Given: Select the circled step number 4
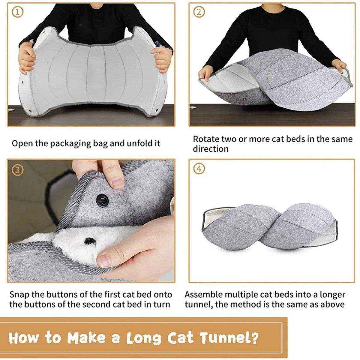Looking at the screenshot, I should [199, 169].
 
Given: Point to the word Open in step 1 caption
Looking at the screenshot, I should [22, 143].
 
